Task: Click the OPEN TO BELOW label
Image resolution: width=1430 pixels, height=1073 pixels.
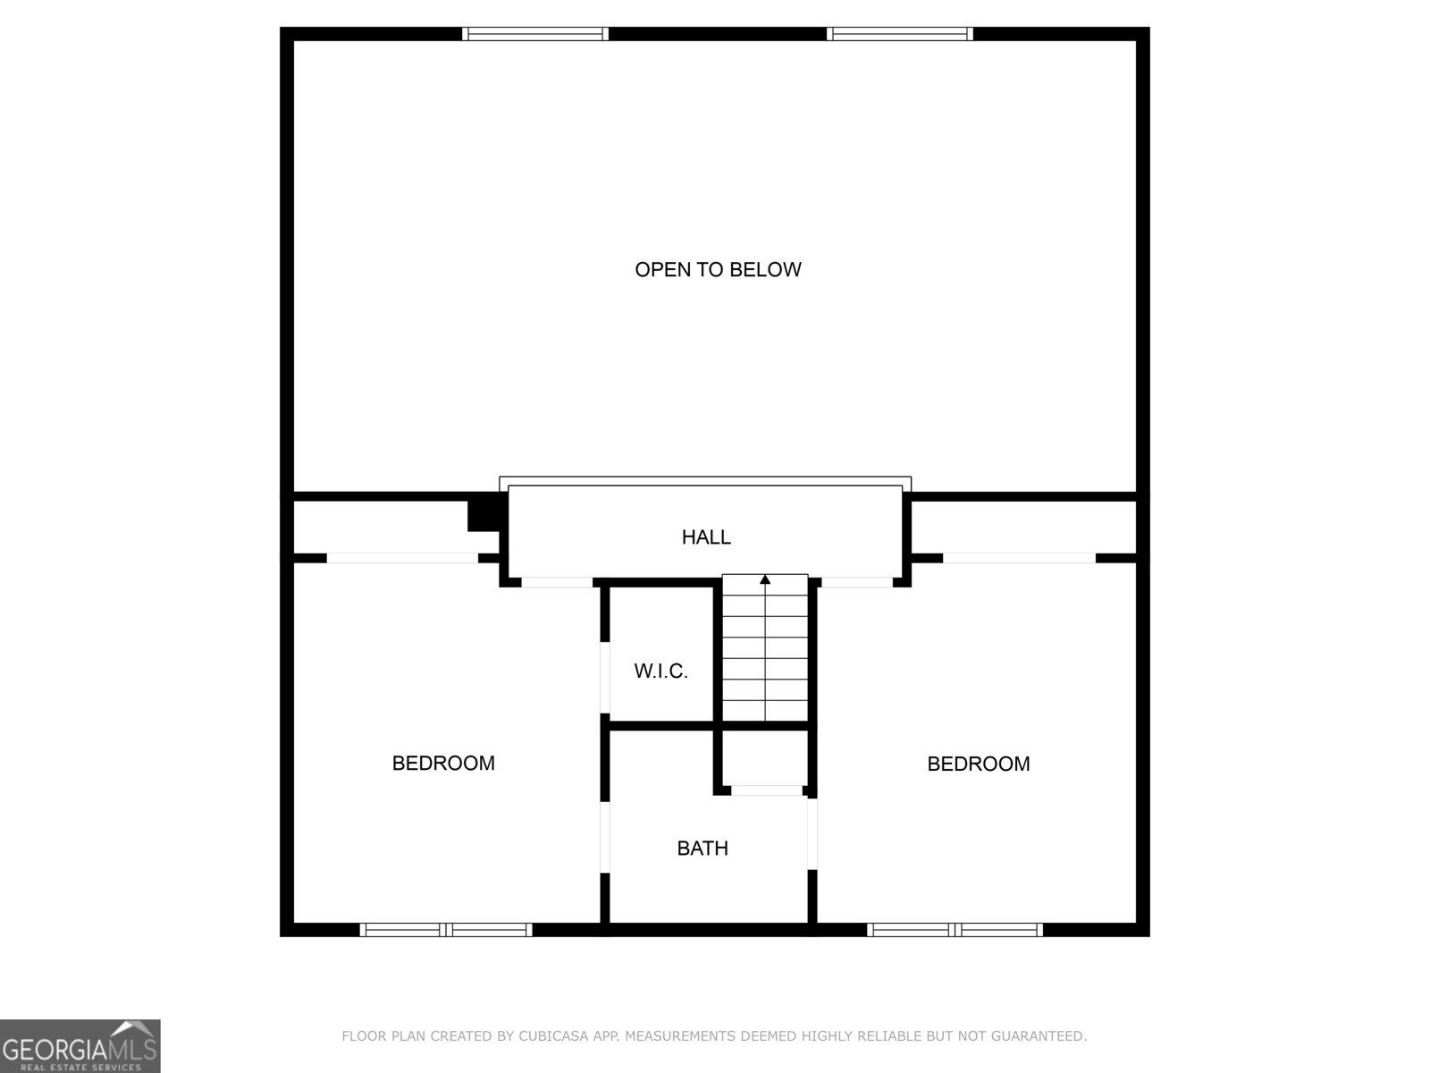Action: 718,269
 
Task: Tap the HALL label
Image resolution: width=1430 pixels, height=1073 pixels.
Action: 706,536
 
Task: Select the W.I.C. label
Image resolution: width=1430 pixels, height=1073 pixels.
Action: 661,671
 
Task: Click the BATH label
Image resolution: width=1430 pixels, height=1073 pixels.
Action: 702,848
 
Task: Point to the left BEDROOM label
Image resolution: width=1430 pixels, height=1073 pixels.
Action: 443,763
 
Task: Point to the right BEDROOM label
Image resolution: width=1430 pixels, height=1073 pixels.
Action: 979,764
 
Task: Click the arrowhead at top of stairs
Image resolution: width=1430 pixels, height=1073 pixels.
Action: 765,579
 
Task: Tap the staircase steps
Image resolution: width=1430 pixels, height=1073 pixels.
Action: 765,653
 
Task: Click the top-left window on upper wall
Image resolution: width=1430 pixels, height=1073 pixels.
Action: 535,34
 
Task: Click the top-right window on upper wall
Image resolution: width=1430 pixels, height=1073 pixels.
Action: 900,34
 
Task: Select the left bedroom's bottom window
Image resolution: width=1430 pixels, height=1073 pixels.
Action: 446,930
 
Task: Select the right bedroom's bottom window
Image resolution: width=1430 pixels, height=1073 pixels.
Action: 955,930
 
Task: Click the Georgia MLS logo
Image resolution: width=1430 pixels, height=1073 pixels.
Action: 80,1046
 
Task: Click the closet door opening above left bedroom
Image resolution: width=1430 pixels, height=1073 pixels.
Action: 402,558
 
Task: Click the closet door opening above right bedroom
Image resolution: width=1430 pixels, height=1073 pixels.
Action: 1019,558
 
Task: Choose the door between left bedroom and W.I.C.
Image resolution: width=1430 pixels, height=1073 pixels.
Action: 605,677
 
